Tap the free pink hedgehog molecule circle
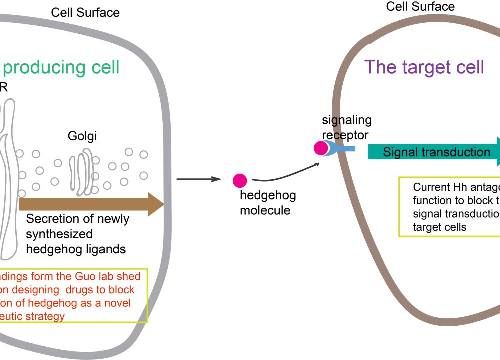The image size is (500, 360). [240, 180]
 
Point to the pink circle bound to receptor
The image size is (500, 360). [321, 148]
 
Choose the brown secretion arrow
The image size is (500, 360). [90, 204]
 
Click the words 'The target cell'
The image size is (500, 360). [424, 67]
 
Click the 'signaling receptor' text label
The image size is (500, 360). [346, 128]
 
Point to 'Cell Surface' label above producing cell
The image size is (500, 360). [85, 12]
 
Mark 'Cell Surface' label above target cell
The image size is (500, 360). [420, 6]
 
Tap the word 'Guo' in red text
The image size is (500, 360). [89, 276]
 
